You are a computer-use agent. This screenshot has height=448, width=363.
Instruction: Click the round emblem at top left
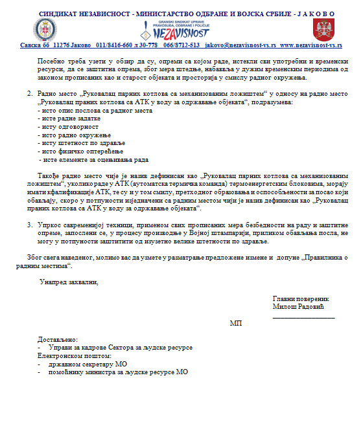click(45, 28)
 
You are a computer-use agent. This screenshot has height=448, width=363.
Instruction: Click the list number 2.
click(29, 94)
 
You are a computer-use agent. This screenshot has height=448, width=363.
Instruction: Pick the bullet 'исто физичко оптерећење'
click(75, 151)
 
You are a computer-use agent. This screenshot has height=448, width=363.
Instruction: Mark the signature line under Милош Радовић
click(303, 315)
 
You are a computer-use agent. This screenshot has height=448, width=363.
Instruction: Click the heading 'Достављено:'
click(58, 340)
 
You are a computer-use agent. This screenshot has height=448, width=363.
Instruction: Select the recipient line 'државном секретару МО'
click(86, 364)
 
